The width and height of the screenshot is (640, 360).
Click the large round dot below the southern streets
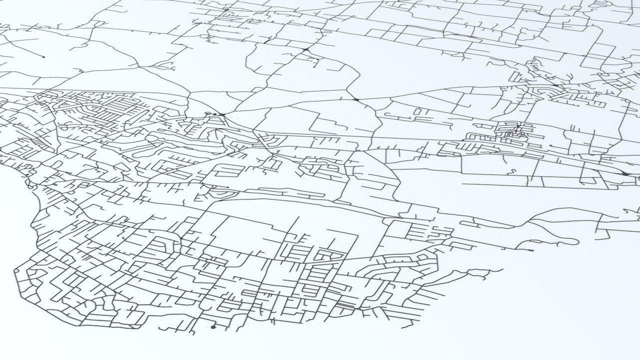click(x=213, y=327)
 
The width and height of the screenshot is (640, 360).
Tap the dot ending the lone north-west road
click(x=43, y=57)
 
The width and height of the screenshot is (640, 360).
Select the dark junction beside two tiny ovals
click(x=221, y=115)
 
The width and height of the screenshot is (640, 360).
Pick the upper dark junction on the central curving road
click(x=305, y=50)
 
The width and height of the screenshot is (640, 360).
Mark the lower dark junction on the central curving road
click(x=356, y=100)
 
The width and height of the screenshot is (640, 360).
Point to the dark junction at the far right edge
click(x=625, y=173)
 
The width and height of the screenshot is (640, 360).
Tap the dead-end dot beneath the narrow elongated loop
click(x=532, y=250)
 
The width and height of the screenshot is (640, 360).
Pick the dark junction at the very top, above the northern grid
click(x=226, y=9)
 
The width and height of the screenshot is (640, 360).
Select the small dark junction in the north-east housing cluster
click(x=555, y=85)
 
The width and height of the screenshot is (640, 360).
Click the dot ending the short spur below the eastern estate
click(x=550, y=146)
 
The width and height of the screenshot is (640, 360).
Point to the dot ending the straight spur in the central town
click(x=228, y=187)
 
